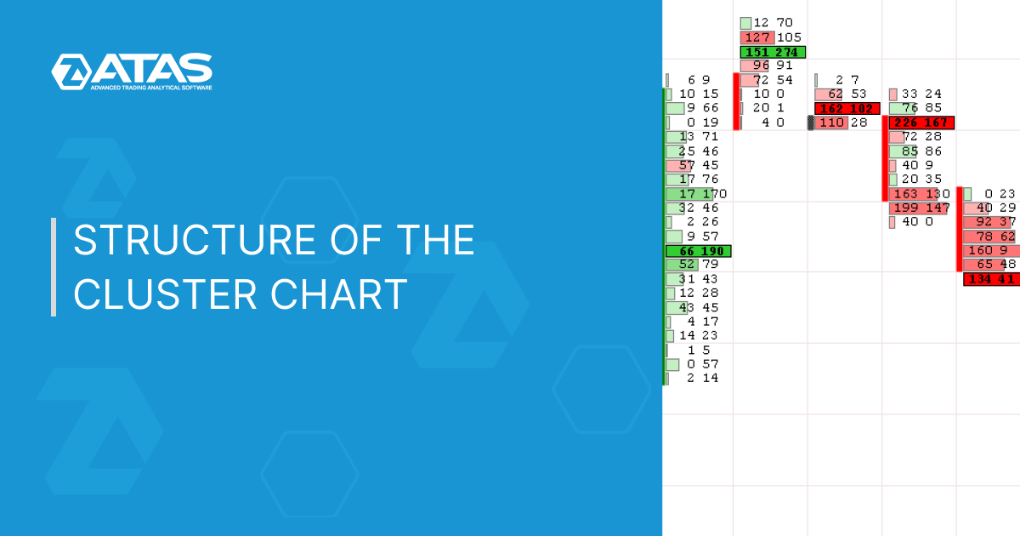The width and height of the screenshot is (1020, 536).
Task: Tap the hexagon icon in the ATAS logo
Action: (x=71, y=71)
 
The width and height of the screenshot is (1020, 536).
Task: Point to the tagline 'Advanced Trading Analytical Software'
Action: (x=151, y=88)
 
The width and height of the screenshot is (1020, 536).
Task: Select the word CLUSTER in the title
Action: (x=165, y=294)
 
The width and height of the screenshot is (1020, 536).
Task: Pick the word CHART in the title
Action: (x=339, y=294)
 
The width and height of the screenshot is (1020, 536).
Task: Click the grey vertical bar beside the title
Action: (x=54, y=267)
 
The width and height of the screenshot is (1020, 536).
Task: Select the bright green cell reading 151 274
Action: (x=773, y=52)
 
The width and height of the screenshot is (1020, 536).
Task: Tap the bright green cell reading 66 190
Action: (x=699, y=251)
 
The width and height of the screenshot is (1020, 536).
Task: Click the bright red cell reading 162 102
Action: (x=847, y=109)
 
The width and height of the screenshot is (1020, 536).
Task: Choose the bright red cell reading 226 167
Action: (x=921, y=123)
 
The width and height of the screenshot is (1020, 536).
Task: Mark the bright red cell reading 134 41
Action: (x=992, y=279)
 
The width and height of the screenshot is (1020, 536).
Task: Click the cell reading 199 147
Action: (x=920, y=208)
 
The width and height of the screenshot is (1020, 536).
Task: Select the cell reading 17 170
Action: (x=696, y=194)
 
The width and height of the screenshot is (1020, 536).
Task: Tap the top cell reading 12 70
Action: (x=767, y=23)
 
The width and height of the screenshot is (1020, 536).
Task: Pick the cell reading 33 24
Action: (x=915, y=94)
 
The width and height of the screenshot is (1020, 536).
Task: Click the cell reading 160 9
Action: (x=991, y=250)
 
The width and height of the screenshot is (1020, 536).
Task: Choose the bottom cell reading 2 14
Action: (x=693, y=379)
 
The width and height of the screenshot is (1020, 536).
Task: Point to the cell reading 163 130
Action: (x=920, y=194)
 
